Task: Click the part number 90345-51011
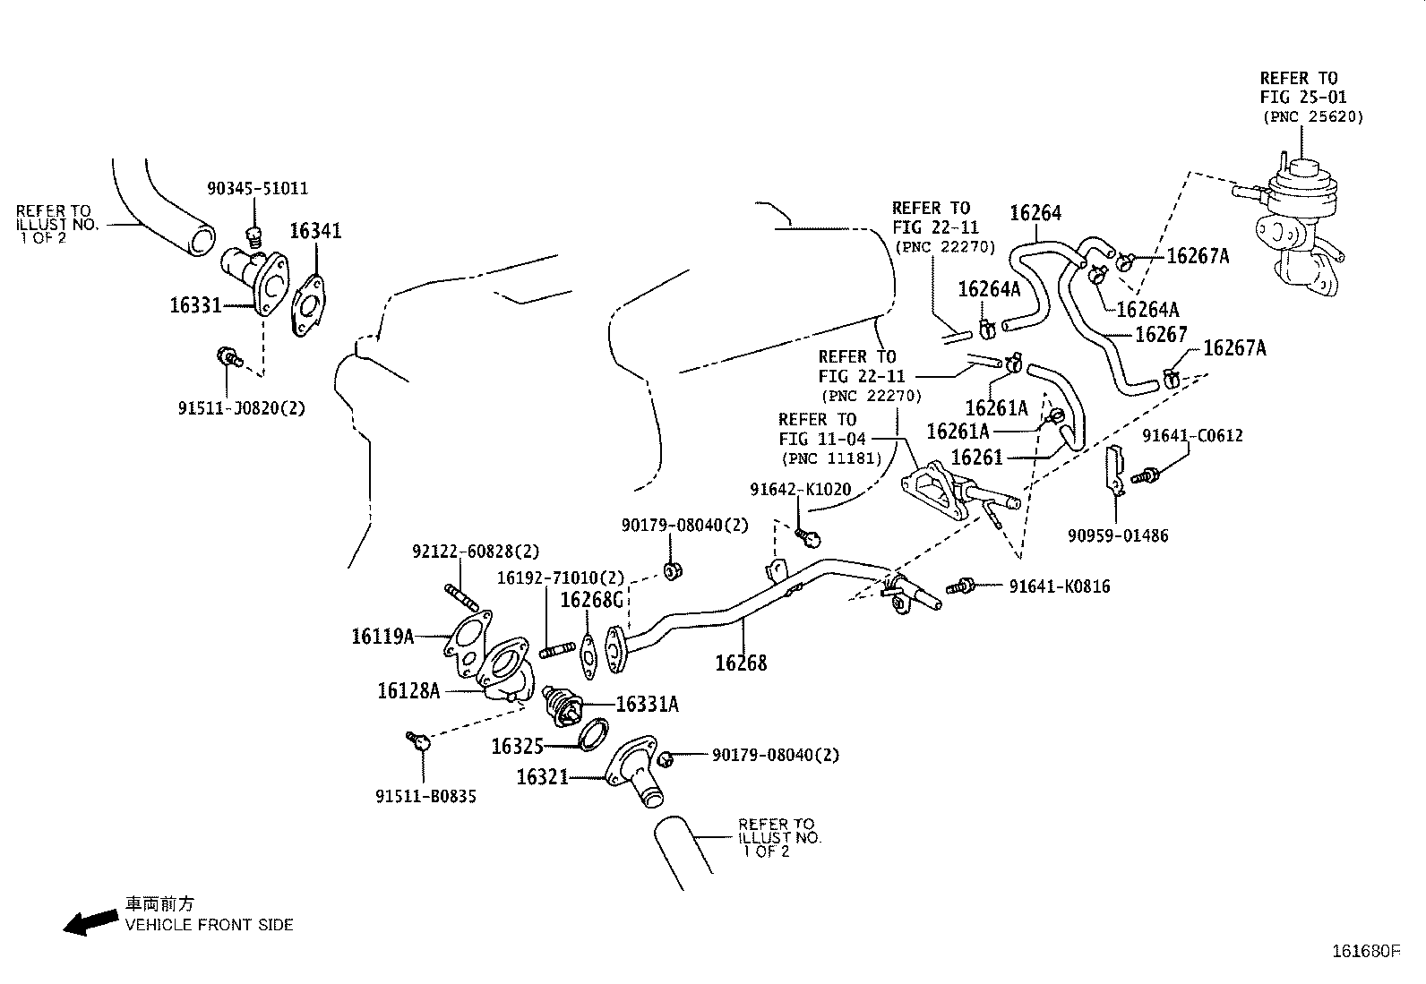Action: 257,189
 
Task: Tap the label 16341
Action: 315,231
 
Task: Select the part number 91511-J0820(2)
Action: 241,408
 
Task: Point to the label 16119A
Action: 382,637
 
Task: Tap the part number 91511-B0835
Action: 425,796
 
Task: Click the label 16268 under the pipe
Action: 741,663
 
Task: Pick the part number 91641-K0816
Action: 1060,586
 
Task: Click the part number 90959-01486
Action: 1118,536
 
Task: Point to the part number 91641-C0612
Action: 1192,436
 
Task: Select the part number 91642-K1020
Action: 801,490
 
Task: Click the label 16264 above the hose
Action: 1035,213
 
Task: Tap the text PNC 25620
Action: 1312,116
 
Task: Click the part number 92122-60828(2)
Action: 476,552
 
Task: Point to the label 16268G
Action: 591,600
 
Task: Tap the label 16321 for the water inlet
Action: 542,777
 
